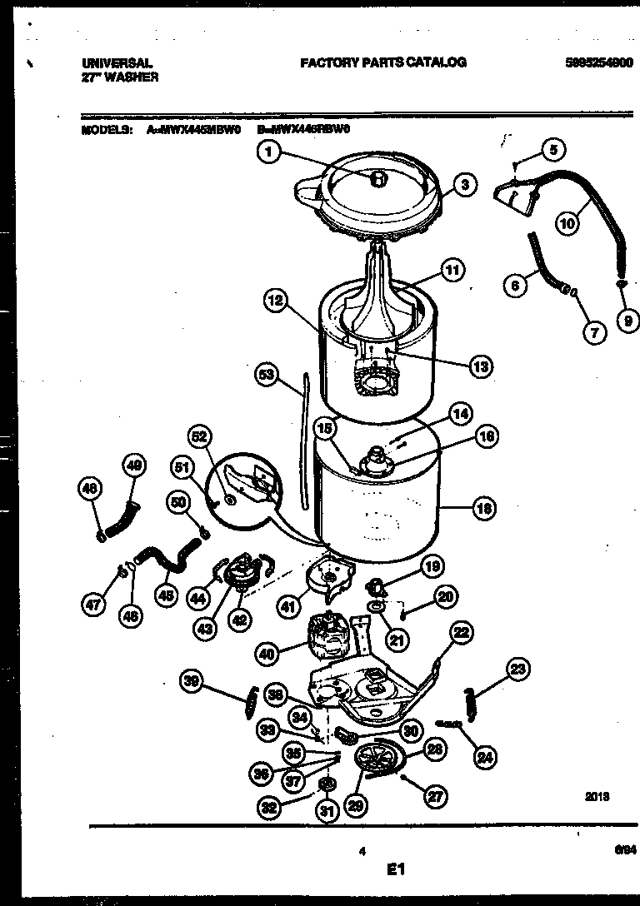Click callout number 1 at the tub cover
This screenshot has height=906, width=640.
267,152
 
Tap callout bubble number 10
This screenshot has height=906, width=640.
567,223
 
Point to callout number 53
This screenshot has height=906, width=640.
267,377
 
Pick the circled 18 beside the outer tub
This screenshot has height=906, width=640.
484,508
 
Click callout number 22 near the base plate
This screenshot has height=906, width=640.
460,634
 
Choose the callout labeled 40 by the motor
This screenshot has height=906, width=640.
267,655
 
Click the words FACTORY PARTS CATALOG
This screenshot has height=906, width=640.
382,62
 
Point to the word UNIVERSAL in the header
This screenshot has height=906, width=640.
117,62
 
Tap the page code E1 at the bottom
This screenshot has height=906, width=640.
395,870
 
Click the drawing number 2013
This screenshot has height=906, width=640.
597,796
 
